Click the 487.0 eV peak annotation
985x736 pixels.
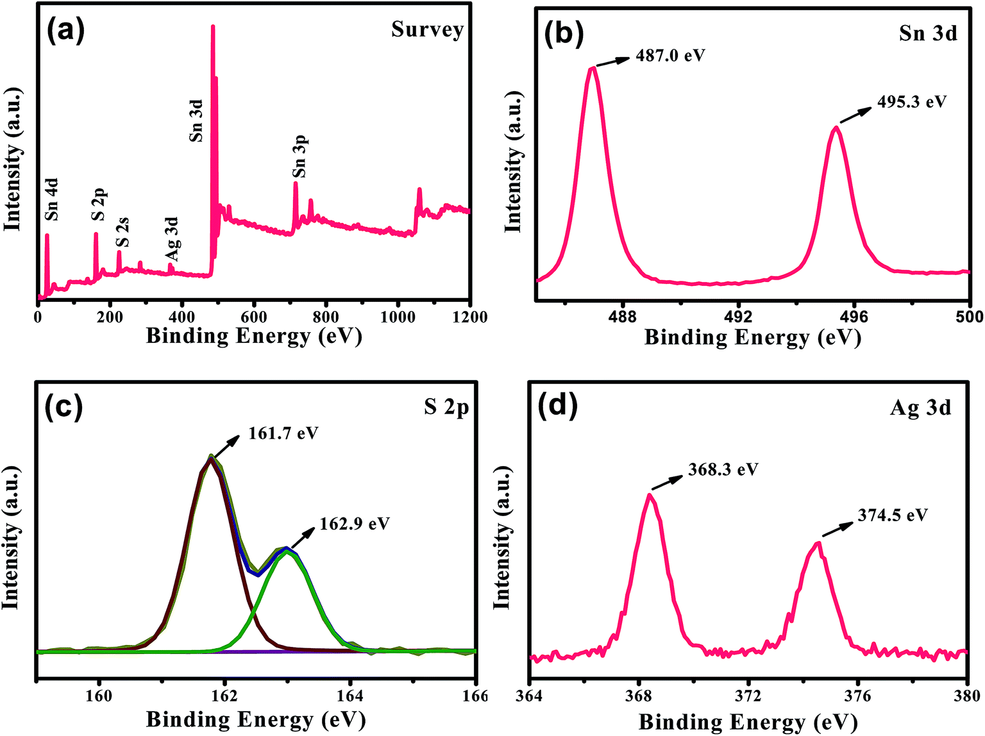point(670,56)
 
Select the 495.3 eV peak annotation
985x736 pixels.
point(911,102)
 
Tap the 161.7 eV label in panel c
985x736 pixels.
point(283,433)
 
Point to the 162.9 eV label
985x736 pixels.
point(355,524)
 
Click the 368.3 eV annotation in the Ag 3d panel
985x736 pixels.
point(723,469)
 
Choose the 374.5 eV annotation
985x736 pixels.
point(893,515)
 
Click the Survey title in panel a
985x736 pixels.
point(427,29)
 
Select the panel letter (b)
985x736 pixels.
point(564,33)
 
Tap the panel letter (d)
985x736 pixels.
point(558,405)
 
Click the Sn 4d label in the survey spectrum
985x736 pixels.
point(52,199)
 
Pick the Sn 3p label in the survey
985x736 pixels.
point(299,156)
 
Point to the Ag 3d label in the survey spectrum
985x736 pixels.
point(171,238)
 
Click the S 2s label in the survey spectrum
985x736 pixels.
point(122,233)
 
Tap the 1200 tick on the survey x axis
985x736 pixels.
point(469,317)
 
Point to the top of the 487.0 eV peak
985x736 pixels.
point(593,68)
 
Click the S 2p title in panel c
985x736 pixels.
point(446,406)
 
